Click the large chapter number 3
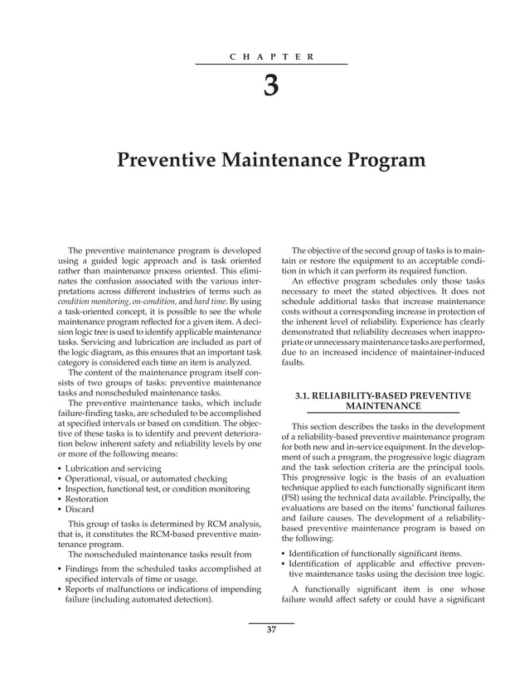[271, 86]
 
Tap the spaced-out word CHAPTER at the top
[271, 56]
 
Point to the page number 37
[271, 631]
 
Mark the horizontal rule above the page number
[271, 622]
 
